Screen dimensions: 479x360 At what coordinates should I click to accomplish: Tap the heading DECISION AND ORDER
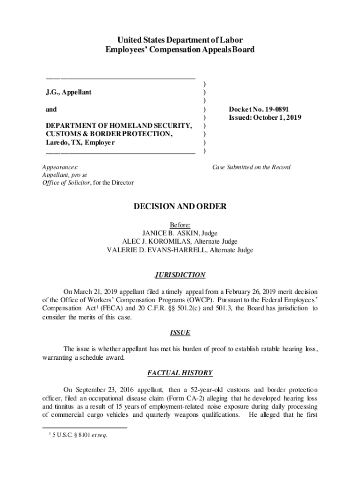pos(180,206)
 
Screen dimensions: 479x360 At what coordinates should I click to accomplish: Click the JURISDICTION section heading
pos(180,275)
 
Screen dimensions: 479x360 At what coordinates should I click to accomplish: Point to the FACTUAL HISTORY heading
pos(180,373)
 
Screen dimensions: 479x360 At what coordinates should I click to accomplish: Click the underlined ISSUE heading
pos(180,333)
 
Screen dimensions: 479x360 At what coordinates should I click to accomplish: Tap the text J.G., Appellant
pos(69,92)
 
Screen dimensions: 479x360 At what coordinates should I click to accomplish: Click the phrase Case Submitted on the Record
pos(252,167)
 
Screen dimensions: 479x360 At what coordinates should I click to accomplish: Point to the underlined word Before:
pos(180,225)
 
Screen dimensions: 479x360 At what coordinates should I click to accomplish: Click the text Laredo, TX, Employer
pos(80,142)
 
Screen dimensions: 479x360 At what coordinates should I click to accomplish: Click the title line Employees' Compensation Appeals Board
pos(180,49)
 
